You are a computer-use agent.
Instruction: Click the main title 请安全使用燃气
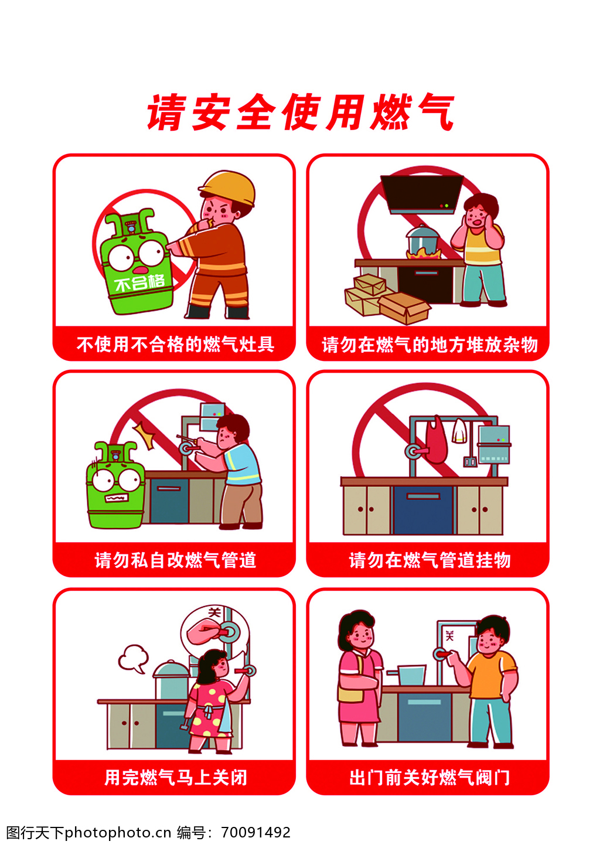[301, 112]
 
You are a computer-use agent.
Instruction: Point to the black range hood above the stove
[422, 194]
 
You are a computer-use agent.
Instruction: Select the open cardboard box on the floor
[404, 308]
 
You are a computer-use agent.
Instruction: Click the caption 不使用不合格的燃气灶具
[175, 344]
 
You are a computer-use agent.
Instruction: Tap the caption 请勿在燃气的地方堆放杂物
[429, 345]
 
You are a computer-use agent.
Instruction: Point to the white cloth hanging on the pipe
[459, 431]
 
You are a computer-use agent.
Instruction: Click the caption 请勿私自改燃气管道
[175, 560]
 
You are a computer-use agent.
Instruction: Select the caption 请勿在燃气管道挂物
[429, 560]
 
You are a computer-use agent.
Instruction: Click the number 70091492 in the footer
[256, 832]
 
